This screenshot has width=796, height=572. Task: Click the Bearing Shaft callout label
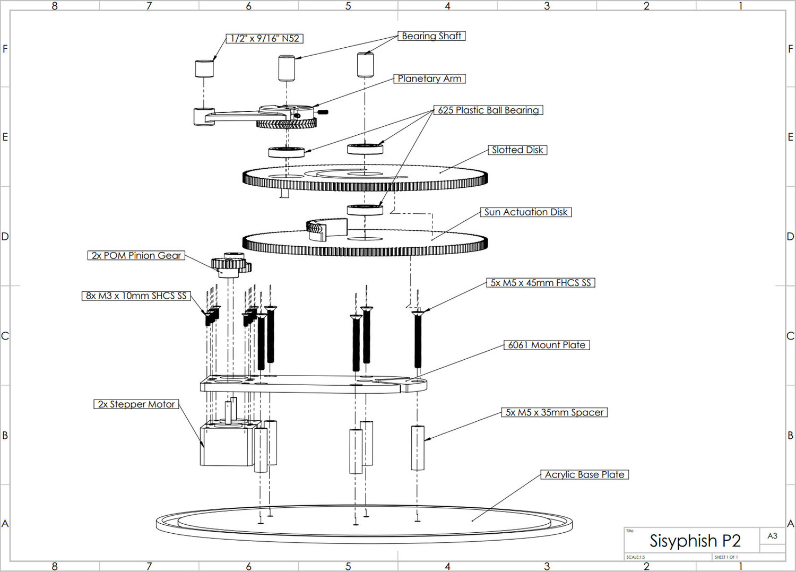click(431, 36)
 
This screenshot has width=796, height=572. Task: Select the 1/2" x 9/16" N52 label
click(265, 39)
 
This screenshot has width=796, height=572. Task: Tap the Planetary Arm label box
click(429, 79)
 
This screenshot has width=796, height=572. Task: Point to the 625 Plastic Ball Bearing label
click(488, 110)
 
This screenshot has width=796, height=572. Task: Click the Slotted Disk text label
click(517, 150)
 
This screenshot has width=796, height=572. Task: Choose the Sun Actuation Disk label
click(526, 212)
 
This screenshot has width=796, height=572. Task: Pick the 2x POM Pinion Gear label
click(136, 256)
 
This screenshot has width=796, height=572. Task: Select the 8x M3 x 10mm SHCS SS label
click(136, 296)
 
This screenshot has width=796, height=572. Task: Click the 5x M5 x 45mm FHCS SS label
click(541, 283)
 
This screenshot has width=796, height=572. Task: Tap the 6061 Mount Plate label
click(547, 345)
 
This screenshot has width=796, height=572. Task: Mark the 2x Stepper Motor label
click(136, 404)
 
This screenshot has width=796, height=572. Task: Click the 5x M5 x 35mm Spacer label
click(555, 412)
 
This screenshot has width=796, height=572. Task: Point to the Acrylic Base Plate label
click(584, 474)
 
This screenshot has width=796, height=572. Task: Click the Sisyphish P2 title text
click(695, 541)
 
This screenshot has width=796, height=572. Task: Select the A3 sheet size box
click(772, 536)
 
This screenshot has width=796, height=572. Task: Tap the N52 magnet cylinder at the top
click(204, 68)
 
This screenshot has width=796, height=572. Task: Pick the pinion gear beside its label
click(230, 265)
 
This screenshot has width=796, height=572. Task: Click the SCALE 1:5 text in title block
click(635, 557)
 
